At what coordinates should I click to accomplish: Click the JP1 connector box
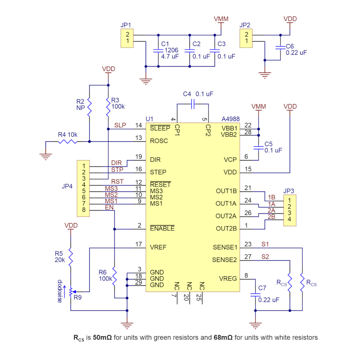pos(127,38)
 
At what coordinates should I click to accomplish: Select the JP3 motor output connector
pos(289,211)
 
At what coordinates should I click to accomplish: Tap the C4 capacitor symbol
pos(193,104)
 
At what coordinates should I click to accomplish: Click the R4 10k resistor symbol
pos(67,142)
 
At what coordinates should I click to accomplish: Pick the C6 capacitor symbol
pos(280,48)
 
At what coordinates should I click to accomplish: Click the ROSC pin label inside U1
pos(159,141)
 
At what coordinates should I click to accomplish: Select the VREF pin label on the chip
pos(158,247)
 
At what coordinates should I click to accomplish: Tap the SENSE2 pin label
pos(224,260)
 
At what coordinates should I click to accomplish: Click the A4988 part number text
pos(230,119)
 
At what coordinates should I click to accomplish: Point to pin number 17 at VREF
pos(138,244)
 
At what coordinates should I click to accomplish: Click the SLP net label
pos(120,125)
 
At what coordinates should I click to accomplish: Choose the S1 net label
pos(265,244)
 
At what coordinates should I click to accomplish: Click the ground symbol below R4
pos(46,157)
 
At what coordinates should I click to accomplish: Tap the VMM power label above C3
pos(221,19)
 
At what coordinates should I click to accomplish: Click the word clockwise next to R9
pos(60,291)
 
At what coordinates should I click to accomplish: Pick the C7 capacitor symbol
pos(255,295)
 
